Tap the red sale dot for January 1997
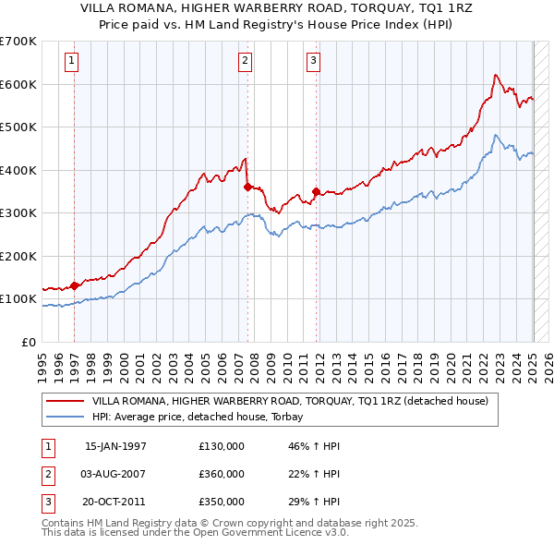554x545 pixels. (75, 285)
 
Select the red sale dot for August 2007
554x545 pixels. (247, 187)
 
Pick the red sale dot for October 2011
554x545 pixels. (316, 191)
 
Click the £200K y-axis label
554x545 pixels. (18, 256)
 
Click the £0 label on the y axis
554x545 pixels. (28, 342)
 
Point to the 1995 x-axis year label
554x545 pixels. (42, 364)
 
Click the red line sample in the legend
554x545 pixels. (65, 401)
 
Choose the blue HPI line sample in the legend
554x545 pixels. (65, 417)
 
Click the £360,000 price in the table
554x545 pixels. (221, 474)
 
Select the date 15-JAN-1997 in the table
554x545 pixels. (115, 446)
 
